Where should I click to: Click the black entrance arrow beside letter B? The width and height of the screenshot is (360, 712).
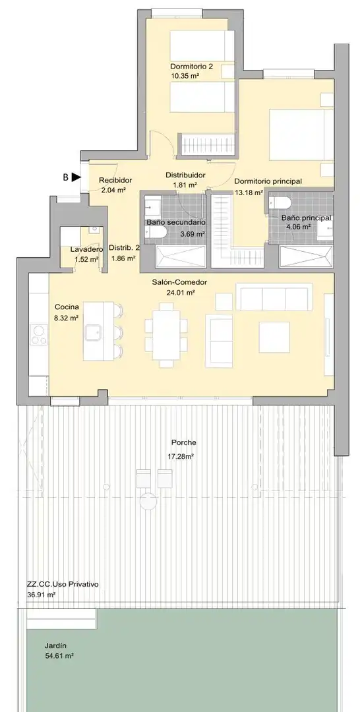[76, 177]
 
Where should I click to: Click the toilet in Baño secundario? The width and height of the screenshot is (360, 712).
[156, 232]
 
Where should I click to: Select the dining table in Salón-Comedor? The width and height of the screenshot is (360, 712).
[167, 334]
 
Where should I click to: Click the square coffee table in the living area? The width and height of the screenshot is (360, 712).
[274, 337]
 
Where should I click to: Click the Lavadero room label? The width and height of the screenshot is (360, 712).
[87, 250]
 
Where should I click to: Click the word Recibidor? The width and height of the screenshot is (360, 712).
[115, 180]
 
